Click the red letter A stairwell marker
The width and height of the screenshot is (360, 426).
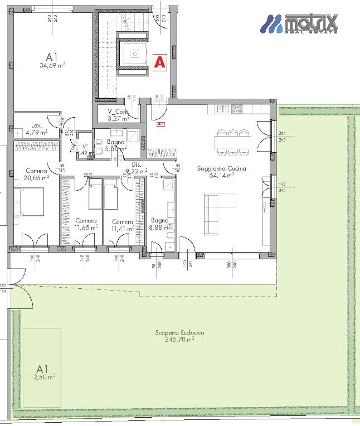point(159,62)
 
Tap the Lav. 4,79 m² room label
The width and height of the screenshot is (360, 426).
point(35,129)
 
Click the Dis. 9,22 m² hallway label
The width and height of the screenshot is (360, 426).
point(135,168)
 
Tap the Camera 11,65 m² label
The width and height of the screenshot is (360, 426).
point(86,224)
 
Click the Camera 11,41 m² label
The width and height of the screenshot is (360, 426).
point(122,225)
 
